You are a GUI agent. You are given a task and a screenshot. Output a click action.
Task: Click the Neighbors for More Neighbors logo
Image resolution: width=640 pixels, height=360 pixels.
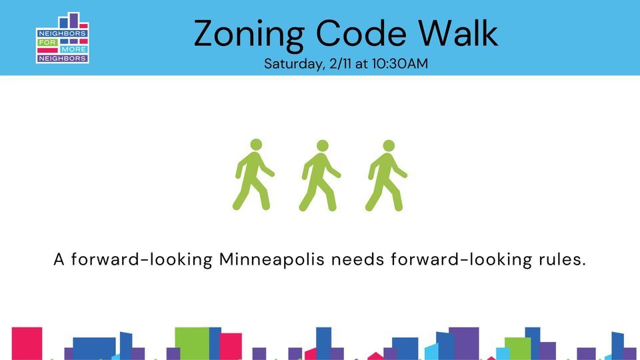(x=63, y=39)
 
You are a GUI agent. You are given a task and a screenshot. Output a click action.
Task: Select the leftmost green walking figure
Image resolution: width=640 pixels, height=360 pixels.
(x=253, y=175)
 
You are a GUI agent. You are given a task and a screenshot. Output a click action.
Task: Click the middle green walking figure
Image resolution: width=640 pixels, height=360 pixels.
(x=319, y=175)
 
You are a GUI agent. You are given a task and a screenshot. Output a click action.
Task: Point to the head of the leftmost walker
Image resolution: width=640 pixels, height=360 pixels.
(x=256, y=145)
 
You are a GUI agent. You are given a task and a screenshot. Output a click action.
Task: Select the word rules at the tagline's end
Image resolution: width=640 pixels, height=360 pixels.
(x=562, y=259)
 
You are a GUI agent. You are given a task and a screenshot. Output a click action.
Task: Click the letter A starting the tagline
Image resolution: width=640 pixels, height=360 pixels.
(x=59, y=259)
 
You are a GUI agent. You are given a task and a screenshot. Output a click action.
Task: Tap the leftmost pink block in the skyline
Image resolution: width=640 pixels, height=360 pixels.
(x=27, y=343)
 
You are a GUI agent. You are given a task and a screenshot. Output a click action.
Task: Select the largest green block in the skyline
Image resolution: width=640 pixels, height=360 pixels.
(x=191, y=343)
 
